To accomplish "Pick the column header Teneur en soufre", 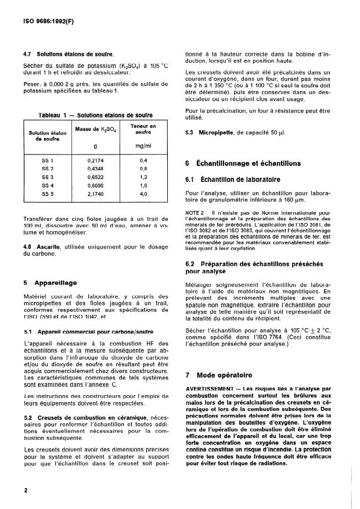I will click(143, 130).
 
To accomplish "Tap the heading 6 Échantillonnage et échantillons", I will click(243, 163).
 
